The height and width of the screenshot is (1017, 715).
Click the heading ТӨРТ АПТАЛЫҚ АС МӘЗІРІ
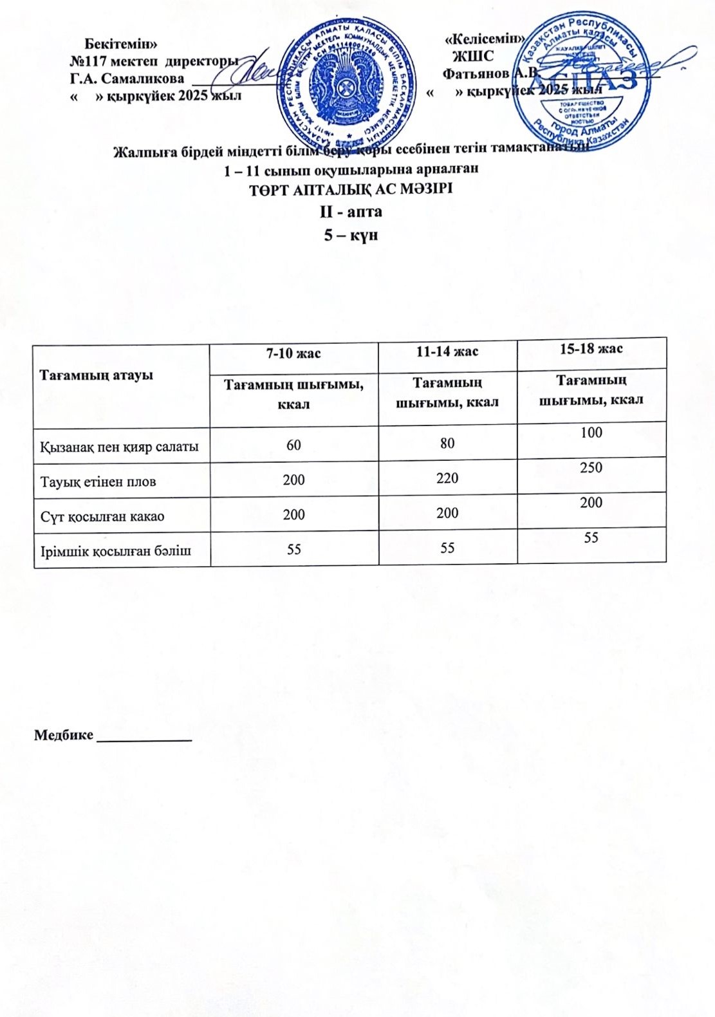351,190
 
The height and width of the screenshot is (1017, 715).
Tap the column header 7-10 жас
293,353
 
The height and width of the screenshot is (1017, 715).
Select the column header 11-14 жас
447,351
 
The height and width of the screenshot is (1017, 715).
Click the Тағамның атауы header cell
97,375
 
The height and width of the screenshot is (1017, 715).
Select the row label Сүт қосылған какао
102,516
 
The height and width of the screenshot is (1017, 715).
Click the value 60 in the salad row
293,445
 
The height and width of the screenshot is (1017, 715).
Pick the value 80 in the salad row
447,443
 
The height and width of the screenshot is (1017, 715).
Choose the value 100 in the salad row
591,433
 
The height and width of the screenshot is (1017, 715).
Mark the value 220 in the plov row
447,478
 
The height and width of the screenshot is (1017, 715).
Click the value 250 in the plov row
591,467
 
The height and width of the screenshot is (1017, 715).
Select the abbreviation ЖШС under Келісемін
473,56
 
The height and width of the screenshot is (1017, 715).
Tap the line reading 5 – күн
351,235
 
